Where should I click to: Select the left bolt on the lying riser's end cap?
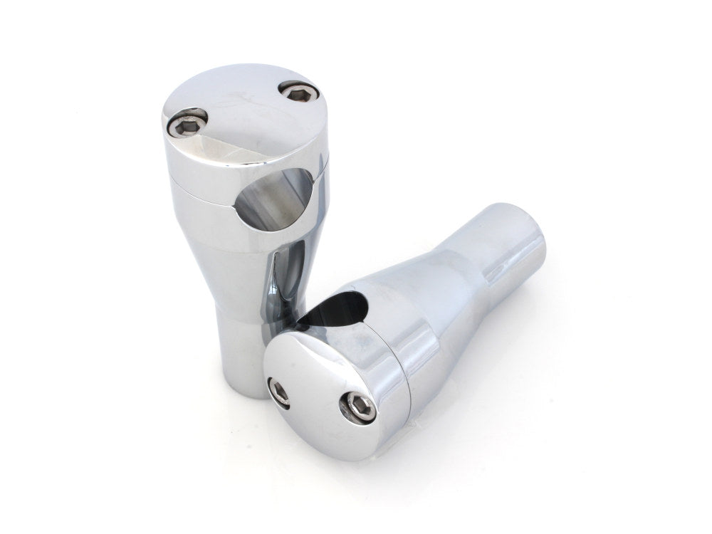coord(278,388)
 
